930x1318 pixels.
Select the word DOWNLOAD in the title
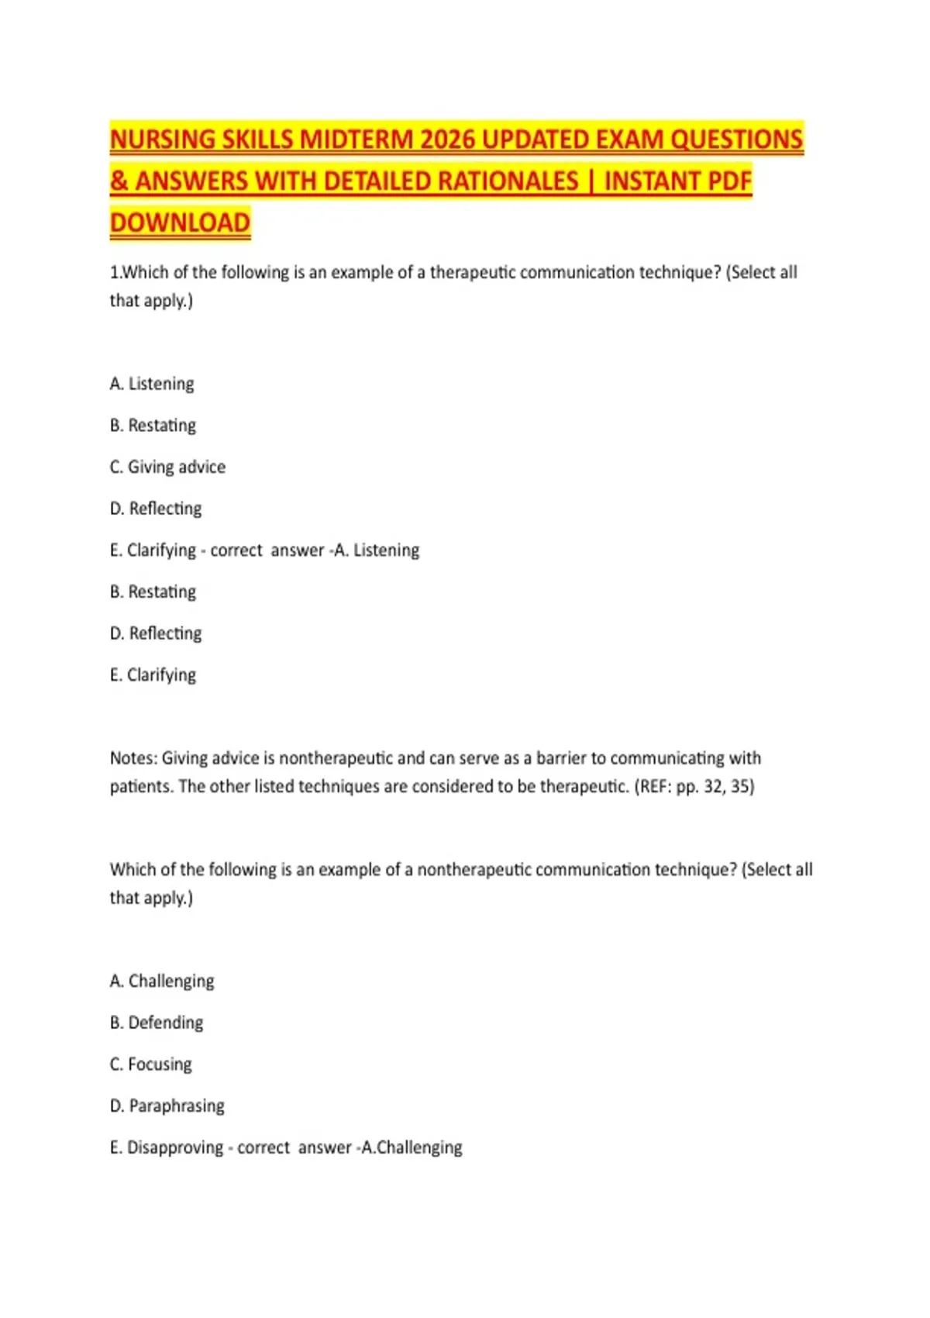click(x=180, y=223)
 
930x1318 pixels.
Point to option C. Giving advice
click(x=168, y=467)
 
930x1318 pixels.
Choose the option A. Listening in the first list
click(x=153, y=384)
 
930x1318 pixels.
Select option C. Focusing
click(x=151, y=1064)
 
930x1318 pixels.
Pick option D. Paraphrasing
click(x=167, y=1106)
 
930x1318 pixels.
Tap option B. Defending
click(x=157, y=1023)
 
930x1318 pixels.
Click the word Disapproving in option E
click(x=174, y=1147)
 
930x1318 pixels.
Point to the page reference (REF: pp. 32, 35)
click(x=694, y=786)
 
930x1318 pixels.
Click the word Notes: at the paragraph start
click(x=133, y=758)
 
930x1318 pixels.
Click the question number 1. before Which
click(x=115, y=273)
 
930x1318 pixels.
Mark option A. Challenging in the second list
click(x=162, y=982)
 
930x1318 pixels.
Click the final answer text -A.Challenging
click(x=410, y=1147)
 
